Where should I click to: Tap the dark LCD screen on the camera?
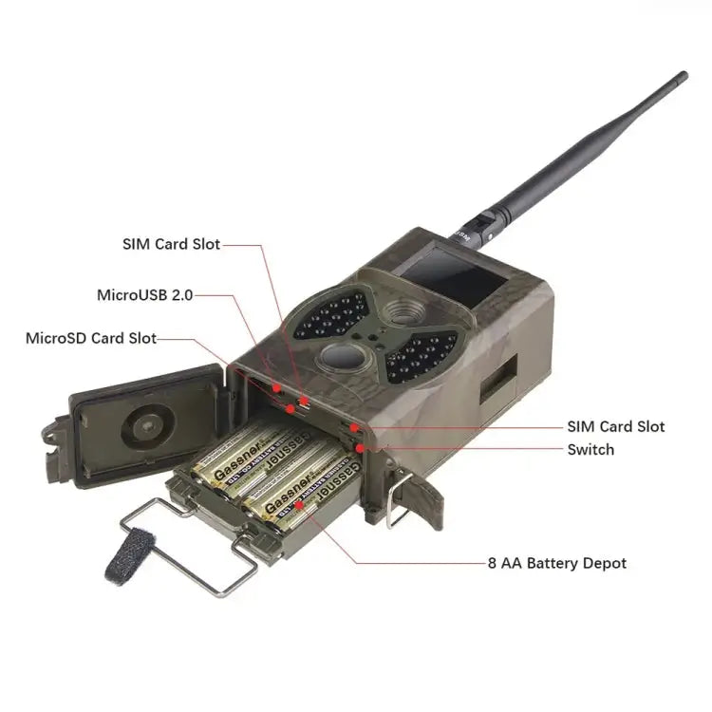click(455, 276)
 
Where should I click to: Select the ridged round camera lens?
click(404, 311)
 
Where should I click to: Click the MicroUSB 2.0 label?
click(145, 295)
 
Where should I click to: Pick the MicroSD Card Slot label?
click(91, 338)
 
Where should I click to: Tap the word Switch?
click(590, 450)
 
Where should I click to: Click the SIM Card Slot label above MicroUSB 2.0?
click(171, 244)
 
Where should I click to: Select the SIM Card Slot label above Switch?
click(616, 426)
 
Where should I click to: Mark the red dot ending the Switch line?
click(359, 449)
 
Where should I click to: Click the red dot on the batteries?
click(299, 505)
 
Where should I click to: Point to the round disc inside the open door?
click(147, 427)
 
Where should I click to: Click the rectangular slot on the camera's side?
click(498, 378)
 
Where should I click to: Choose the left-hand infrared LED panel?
click(332, 314)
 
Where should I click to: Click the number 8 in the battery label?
click(492, 564)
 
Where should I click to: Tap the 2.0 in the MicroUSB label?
click(182, 295)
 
